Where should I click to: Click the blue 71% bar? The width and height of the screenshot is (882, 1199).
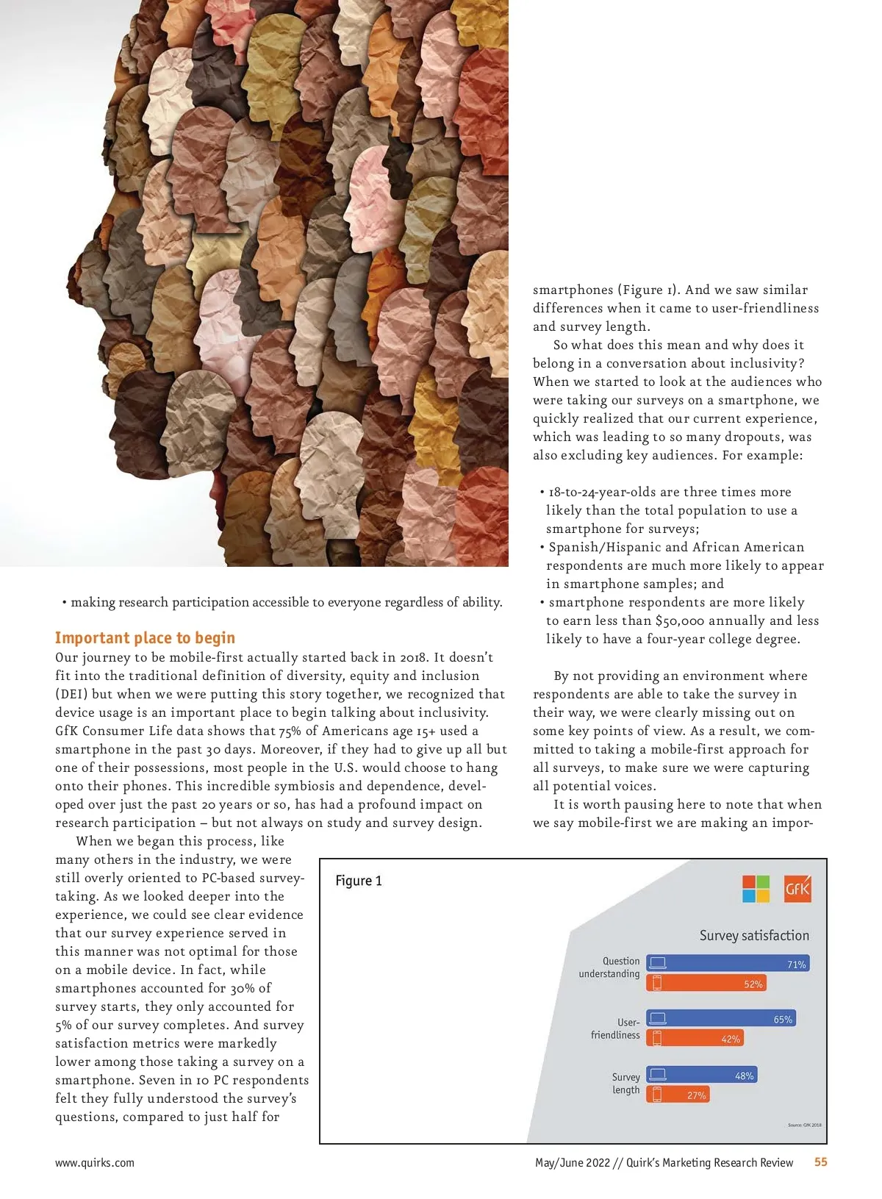tap(728, 963)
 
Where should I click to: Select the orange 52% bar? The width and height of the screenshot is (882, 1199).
tap(706, 983)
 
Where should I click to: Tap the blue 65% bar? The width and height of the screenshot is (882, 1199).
tap(720, 1018)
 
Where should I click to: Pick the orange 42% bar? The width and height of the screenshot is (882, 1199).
tap(695, 1038)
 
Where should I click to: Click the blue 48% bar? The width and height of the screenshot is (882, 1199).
tap(701, 1075)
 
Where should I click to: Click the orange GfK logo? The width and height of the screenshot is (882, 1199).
tap(797, 889)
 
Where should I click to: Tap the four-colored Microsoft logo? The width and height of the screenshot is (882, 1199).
tap(756, 889)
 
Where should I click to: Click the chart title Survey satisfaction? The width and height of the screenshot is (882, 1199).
tap(754, 935)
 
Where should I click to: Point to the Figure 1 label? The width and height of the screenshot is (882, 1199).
tap(359, 881)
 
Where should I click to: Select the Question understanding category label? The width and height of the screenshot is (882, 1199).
tap(609, 967)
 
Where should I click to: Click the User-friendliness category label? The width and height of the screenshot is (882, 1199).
tap(616, 1028)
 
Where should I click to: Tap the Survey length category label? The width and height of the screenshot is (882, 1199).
tap(625, 1084)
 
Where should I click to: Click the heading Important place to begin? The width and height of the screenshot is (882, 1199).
tap(145, 637)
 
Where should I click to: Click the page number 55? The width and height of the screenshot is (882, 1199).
tap(820, 1162)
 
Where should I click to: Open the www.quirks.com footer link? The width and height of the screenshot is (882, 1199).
tap(95, 1163)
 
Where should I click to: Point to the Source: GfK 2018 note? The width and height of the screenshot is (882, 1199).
tap(804, 1125)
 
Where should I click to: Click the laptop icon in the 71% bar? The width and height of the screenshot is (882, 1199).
tap(658, 963)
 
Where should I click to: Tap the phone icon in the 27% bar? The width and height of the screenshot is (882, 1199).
tap(657, 1095)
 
